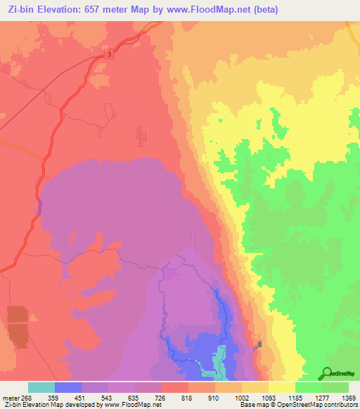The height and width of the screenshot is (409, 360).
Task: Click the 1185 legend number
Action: (283, 398)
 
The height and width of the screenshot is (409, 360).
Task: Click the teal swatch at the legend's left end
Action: (41, 387)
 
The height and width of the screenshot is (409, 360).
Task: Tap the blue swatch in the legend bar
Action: (68, 387)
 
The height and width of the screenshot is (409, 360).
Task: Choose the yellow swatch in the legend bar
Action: (282, 387)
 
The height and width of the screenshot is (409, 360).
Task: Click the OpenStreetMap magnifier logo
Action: (328, 372)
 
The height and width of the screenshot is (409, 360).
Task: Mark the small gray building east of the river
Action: (259, 344)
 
